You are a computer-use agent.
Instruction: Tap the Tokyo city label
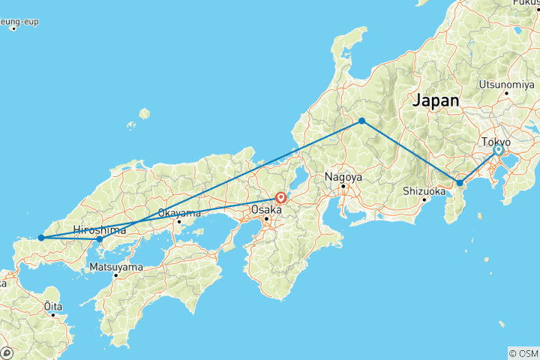click(x=496, y=142)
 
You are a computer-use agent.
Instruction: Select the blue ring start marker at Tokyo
click(x=498, y=150)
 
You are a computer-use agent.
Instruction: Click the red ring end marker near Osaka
click(x=280, y=199)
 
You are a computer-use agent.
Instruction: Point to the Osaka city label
click(x=266, y=210)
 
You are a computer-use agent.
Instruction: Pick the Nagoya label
click(x=343, y=177)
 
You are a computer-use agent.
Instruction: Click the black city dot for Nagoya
click(x=343, y=186)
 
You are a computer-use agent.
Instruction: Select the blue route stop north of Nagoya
click(x=361, y=121)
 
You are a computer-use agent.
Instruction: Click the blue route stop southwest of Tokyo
click(x=460, y=182)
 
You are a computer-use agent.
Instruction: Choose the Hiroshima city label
click(x=100, y=229)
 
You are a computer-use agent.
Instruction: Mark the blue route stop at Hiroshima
click(x=100, y=239)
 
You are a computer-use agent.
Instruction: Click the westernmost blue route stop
click(x=41, y=238)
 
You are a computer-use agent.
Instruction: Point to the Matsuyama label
click(x=115, y=266)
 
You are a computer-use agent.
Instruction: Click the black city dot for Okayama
click(x=179, y=221)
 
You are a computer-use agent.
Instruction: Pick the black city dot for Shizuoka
click(x=424, y=199)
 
